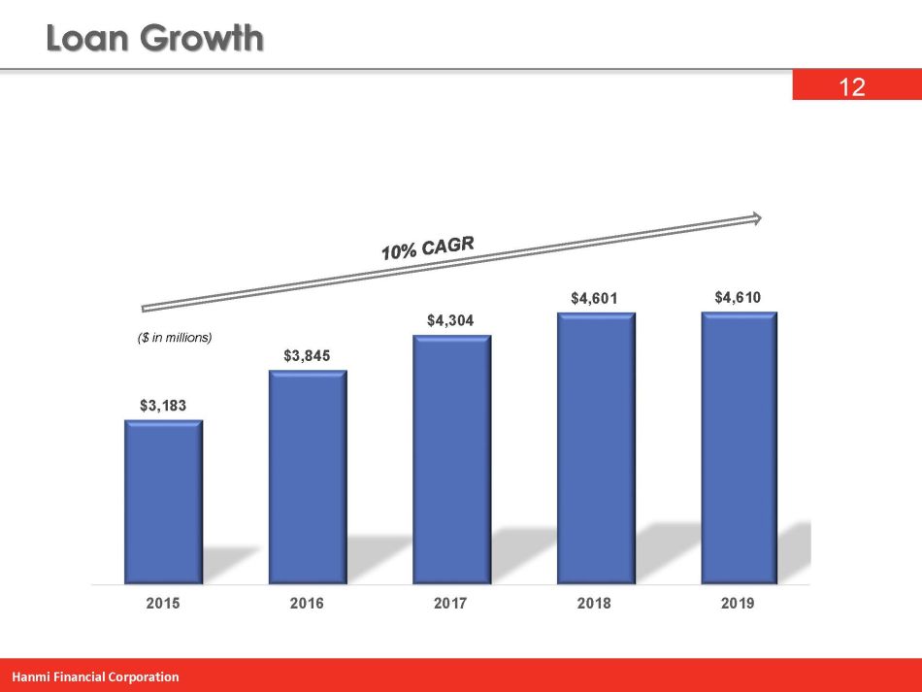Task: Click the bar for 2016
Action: coord(308,477)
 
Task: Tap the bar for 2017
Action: coord(451,459)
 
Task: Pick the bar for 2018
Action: coord(595,447)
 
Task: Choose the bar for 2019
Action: coord(740,447)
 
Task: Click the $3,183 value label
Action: coord(163,404)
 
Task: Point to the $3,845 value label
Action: coord(307,356)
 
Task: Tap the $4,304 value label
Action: coord(450,319)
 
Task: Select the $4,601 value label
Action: coord(594,298)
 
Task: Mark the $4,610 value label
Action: coord(738,297)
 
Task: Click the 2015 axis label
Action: coord(163,604)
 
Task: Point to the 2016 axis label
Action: coord(307,604)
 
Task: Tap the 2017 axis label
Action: coord(450,604)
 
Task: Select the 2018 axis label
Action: coord(594,604)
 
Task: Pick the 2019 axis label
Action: coord(738,604)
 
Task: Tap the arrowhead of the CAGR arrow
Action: coord(755,218)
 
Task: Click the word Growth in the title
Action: coord(203,40)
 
